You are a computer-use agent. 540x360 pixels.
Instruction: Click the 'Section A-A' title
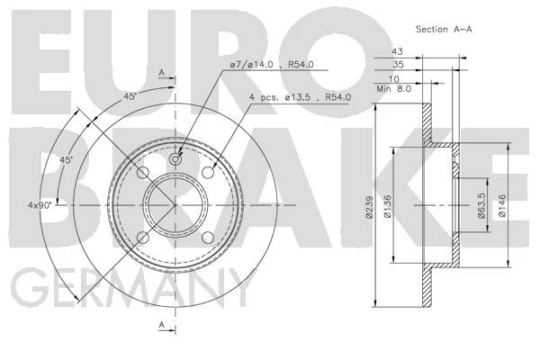[x=444, y=30]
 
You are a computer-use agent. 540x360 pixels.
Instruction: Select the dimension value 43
[x=397, y=51]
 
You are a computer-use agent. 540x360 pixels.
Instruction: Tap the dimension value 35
[x=398, y=65]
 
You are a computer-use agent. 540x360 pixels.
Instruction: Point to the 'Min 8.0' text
[x=394, y=89]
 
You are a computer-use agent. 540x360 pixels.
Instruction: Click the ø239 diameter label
[x=370, y=207]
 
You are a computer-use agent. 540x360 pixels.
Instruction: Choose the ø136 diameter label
[x=387, y=206]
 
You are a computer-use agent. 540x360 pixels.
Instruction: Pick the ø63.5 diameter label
[x=481, y=206]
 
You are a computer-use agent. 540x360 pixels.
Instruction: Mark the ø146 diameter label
[x=502, y=206]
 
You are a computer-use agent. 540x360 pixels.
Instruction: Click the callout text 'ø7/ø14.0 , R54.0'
[x=272, y=65]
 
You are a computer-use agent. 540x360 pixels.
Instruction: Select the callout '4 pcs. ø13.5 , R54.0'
[x=300, y=97]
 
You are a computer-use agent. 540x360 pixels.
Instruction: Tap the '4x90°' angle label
[x=40, y=205]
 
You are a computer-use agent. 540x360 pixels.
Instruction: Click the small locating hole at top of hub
[x=175, y=158]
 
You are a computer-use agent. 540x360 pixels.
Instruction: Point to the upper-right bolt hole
[x=208, y=172]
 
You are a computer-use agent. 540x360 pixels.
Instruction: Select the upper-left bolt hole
[x=143, y=172]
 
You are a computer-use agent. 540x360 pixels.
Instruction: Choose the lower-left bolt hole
[x=143, y=238]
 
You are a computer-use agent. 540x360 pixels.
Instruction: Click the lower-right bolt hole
[x=208, y=238]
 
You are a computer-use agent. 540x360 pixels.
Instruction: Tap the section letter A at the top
[x=162, y=73]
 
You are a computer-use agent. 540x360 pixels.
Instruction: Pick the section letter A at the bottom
[x=162, y=325]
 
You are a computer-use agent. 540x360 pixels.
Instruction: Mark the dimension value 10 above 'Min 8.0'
[x=393, y=79]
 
